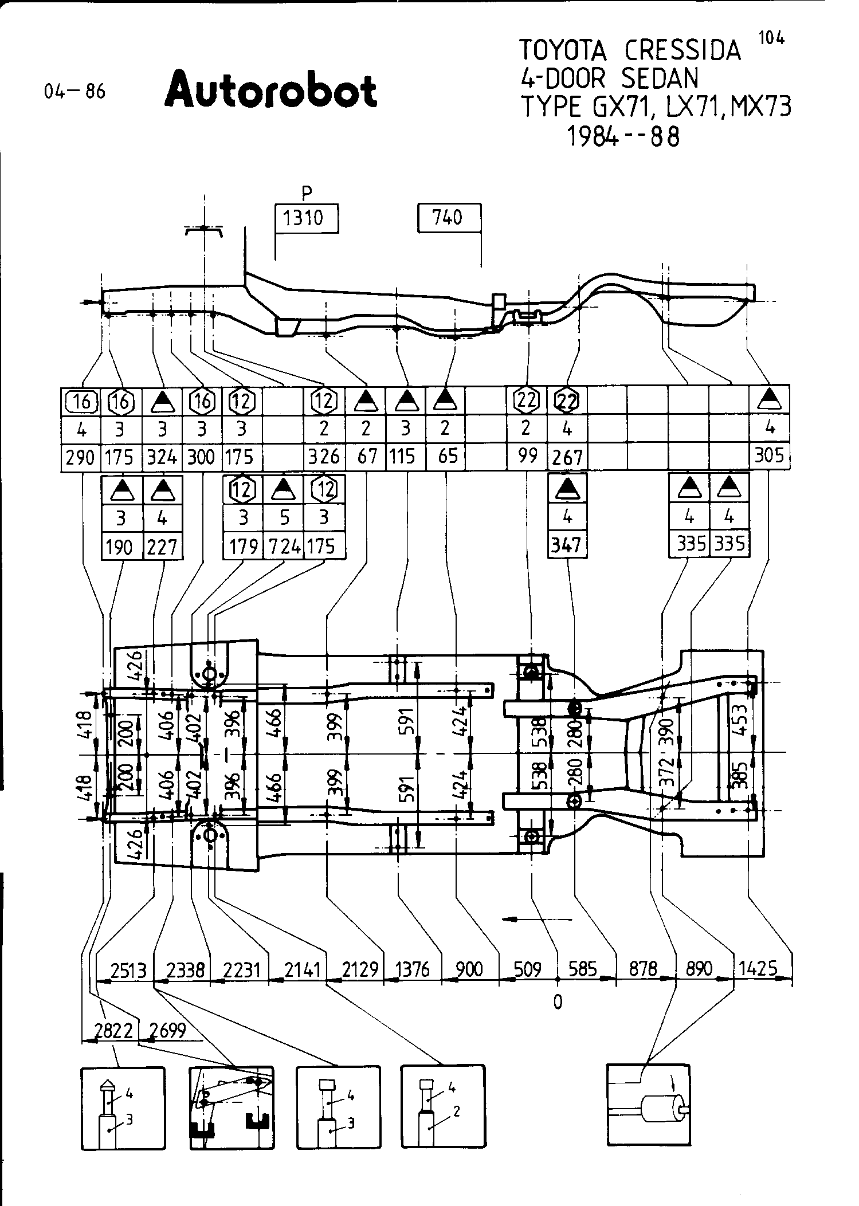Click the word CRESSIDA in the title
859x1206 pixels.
coord(683,50)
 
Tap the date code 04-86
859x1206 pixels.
coord(74,92)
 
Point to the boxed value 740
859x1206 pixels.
coord(449,218)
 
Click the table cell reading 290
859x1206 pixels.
coord(81,457)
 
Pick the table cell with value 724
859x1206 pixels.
coord(284,547)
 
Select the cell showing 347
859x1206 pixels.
coord(567,545)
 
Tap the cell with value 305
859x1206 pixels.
coord(769,455)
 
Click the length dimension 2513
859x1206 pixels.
coord(129,970)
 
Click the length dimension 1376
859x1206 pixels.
coord(413,969)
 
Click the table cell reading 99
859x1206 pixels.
coord(527,455)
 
